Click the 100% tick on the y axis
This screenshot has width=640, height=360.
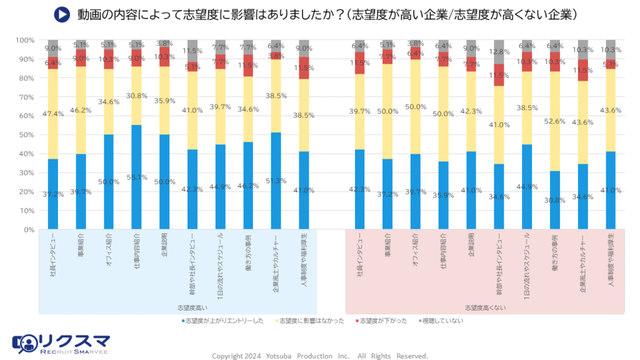coord(26,40)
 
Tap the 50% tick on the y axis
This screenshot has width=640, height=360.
coord(26,135)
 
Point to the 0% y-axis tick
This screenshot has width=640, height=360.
coord(27,229)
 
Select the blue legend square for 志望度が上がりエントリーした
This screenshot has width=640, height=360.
coord(182,321)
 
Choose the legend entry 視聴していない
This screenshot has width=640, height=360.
coord(442,321)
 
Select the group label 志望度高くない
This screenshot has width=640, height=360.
coord(485,307)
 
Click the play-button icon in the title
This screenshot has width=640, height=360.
coord(61,14)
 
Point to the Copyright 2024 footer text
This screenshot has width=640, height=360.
coord(320,356)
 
